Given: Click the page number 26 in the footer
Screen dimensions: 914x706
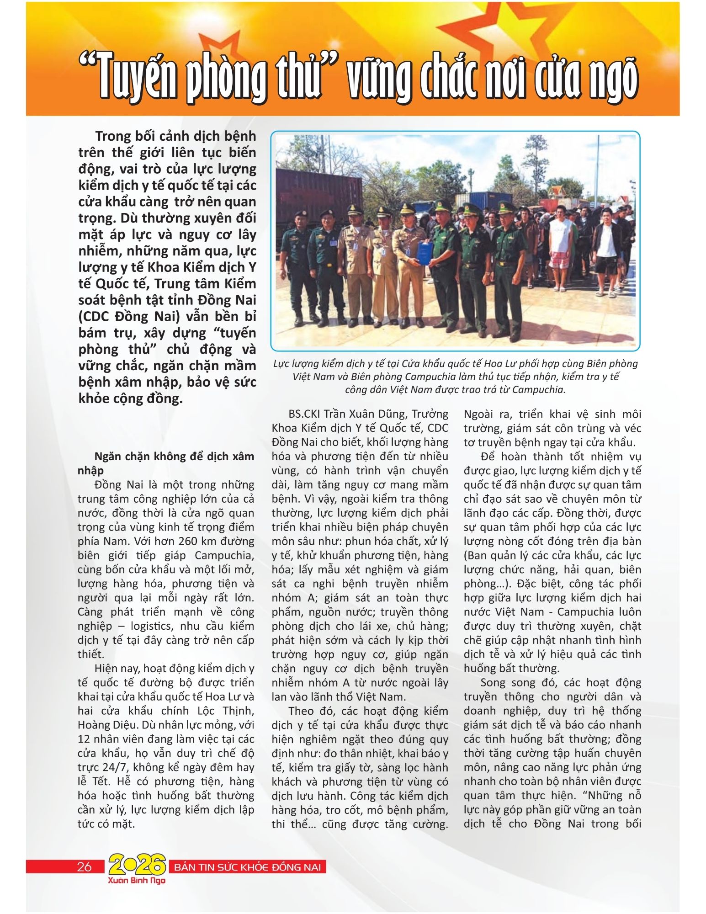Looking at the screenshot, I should pyautogui.click(x=85, y=866).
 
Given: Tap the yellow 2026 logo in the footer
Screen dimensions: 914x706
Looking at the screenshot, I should pyautogui.click(x=137, y=865).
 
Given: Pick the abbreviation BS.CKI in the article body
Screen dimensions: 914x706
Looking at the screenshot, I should pyautogui.click(x=304, y=414).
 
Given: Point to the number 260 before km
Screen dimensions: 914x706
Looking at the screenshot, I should pyautogui.click(x=180, y=542).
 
